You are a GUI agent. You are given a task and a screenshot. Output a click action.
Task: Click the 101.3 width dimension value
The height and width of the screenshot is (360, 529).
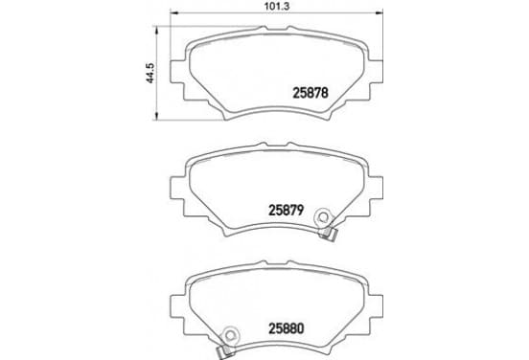(276, 6)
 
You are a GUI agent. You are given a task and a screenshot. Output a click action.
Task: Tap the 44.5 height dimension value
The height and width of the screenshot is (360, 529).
(149, 73)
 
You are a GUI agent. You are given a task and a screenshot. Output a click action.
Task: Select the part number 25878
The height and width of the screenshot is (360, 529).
(310, 93)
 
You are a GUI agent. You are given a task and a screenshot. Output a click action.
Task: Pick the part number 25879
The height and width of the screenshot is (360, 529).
(287, 210)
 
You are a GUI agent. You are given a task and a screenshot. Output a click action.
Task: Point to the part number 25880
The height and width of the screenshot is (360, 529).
(287, 328)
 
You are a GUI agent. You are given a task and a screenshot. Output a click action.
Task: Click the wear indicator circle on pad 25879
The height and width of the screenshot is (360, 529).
(323, 216)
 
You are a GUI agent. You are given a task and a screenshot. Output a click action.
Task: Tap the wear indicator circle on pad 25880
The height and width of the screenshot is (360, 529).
(230, 335)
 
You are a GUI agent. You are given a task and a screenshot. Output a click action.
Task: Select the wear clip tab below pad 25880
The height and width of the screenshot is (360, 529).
(225, 352)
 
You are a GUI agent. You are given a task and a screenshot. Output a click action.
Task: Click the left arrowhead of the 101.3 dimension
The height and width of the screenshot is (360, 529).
(173, 12)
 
